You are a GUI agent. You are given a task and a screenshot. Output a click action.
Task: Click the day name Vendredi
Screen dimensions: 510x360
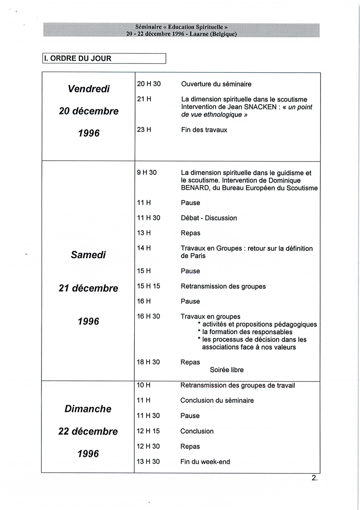tap(89, 89)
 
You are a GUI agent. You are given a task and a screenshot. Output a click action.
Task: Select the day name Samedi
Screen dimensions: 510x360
tap(89, 255)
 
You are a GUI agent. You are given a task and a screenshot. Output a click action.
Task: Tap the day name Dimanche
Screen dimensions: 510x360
tap(88, 409)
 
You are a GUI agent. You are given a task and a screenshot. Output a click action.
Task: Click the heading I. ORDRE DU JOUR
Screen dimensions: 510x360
tap(78, 58)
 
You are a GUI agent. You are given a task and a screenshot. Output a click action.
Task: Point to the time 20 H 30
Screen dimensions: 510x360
tap(149, 84)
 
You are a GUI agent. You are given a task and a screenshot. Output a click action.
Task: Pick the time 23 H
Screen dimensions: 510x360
tap(144, 130)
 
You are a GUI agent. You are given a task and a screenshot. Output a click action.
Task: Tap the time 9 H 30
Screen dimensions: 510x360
tap(147, 172)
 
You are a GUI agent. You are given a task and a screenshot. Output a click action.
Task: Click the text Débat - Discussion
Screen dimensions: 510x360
tap(209, 218)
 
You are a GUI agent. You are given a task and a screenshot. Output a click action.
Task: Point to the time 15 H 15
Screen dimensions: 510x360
tap(149, 286)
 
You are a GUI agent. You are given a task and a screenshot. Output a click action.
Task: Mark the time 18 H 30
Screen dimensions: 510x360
tap(149, 362)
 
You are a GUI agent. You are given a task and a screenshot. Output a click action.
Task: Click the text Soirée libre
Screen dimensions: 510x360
tap(227, 370)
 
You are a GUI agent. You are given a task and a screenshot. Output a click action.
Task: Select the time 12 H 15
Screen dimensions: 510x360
tap(149, 431)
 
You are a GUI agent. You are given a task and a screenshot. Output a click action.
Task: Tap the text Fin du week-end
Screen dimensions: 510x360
tap(205, 462)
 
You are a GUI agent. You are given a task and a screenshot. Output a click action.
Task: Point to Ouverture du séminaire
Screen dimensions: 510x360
tap(216, 84)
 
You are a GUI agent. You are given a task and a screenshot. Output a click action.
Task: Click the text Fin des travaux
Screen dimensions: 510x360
tap(204, 130)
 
